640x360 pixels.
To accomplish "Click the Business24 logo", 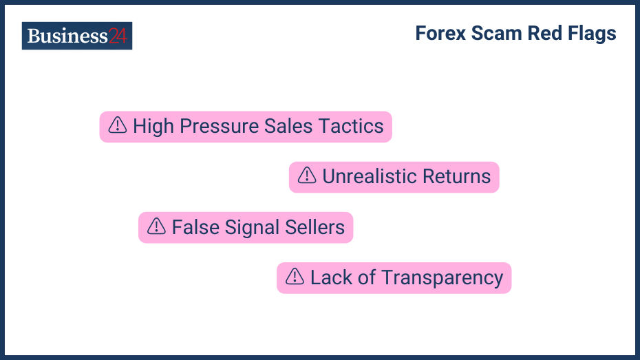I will coord(76,36).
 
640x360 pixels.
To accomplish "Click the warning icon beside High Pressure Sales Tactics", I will coord(118,125).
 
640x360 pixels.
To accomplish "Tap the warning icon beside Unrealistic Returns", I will coord(307,176).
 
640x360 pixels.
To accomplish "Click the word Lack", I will coord(332,277).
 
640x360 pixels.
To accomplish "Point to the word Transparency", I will coord(442,278).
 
